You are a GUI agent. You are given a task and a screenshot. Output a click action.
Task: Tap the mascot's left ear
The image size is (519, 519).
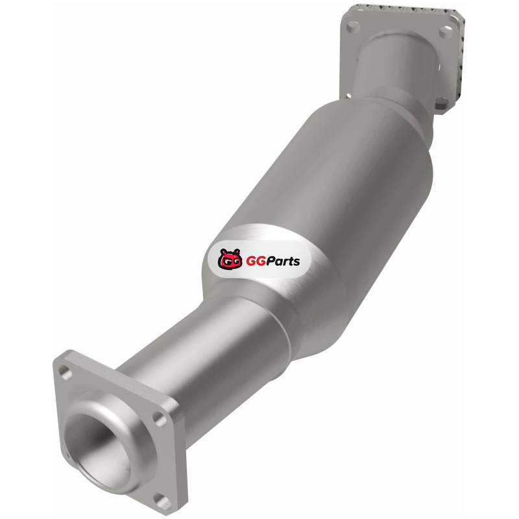223,252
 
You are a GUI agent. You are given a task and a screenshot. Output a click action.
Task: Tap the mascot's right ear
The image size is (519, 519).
237,252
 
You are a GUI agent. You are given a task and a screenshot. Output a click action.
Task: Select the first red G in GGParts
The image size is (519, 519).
251,261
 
